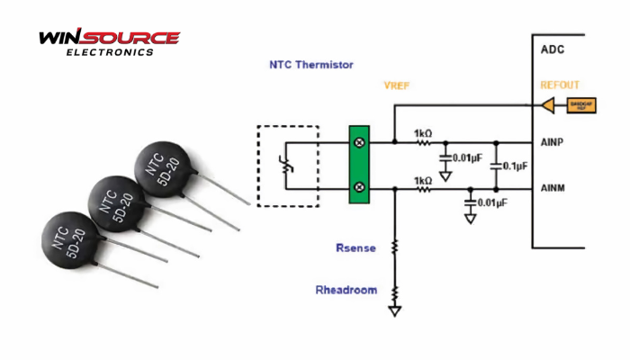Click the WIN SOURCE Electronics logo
click(x=108, y=42)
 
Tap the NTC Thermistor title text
click(x=311, y=65)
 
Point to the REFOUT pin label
click(x=560, y=85)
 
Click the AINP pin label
click(x=552, y=141)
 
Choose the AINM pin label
click(x=552, y=187)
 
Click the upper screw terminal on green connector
click(x=361, y=142)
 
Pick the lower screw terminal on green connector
click(x=361, y=187)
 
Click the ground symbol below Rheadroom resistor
click(x=394, y=310)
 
